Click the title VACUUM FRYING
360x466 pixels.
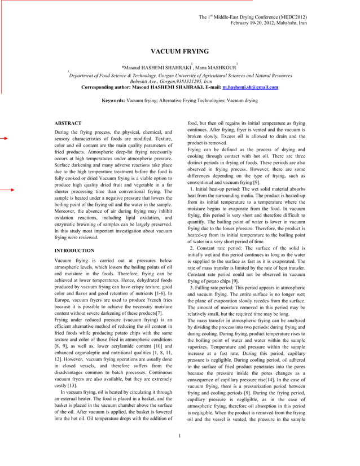click(x=180, y=51)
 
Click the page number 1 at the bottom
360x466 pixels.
click(x=179, y=451)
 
